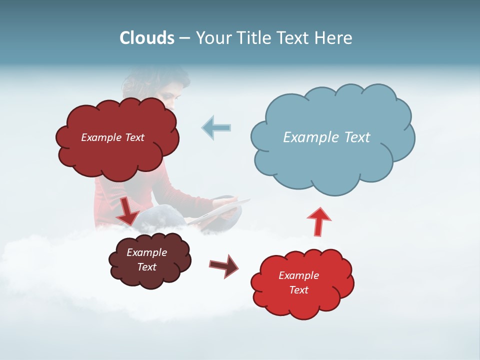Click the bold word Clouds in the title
click(147, 37)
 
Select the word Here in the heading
click(334, 37)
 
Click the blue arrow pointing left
click(216, 127)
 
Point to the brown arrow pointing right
click(223, 265)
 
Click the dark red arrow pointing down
click(128, 210)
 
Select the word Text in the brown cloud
click(147, 267)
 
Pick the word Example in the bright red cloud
click(298, 275)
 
